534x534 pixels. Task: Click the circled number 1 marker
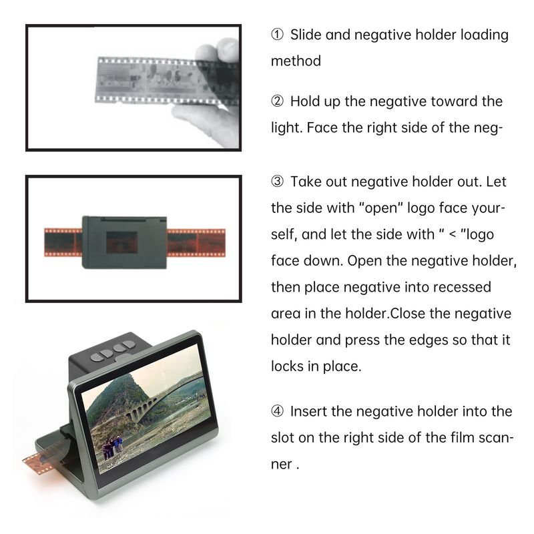(277, 35)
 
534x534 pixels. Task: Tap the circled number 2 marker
(277, 101)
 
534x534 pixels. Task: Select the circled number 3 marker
(277, 181)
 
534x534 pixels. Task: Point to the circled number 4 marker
(277, 411)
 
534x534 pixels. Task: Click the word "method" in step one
(296, 61)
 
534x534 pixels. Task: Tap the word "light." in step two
(287, 127)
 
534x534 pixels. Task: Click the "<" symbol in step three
(453, 235)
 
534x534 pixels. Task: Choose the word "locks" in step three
(288, 366)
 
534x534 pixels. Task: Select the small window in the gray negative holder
(121, 242)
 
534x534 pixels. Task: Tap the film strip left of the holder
(63, 242)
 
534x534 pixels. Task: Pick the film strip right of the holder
(196, 242)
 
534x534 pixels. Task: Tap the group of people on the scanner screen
(112, 446)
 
